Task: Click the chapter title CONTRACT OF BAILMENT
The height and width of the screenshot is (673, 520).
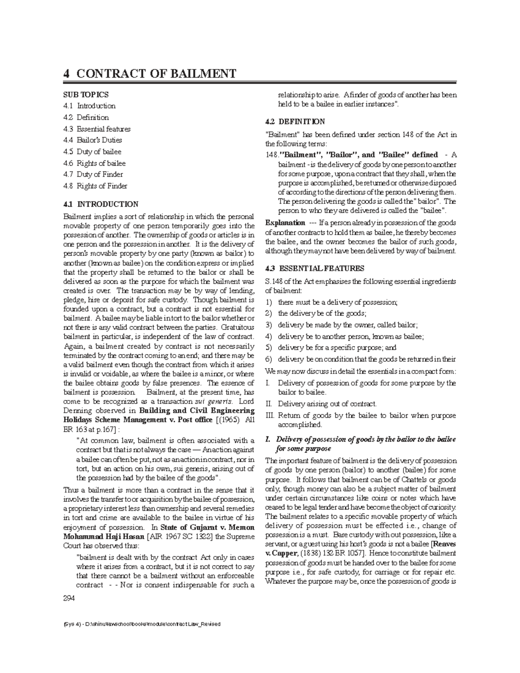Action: [156, 73]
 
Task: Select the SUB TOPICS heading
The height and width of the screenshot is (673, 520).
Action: [86, 94]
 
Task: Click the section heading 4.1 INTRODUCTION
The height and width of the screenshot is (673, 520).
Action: [101, 204]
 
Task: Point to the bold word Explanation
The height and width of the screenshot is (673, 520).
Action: [285, 223]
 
